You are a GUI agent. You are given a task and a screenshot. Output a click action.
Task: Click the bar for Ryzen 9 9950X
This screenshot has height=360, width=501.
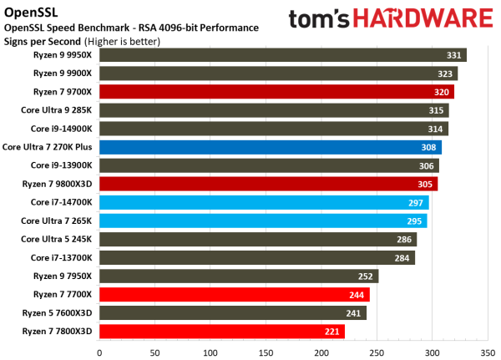pyautogui.click(x=282, y=55)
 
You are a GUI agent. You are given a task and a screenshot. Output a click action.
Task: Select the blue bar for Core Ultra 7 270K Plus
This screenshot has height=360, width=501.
pyautogui.click(x=270, y=147)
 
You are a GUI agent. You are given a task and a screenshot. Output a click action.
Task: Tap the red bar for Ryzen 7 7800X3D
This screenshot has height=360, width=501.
pyautogui.click(x=222, y=331)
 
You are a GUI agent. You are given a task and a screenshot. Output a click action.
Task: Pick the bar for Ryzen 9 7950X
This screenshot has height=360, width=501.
pyautogui.click(x=239, y=276)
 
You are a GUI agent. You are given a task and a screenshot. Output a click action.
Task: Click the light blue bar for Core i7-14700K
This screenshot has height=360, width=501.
pyautogui.click(x=264, y=202)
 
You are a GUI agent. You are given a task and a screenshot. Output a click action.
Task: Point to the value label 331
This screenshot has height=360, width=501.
pyautogui.click(x=454, y=55)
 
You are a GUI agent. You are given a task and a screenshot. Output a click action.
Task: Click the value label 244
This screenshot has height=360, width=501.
pyautogui.click(x=357, y=294)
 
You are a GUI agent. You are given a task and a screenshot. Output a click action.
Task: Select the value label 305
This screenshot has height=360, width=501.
pyautogui.click(x=426, y=184)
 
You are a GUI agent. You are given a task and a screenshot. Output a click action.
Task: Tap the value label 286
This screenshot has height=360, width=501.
pyautogui.click(x=405, y=239)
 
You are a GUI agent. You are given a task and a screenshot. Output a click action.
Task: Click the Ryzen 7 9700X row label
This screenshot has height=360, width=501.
pyautogui.click(x=63, y=92)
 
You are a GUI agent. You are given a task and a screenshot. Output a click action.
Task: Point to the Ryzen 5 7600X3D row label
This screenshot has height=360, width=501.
pyautogui.click(x=58, y=312)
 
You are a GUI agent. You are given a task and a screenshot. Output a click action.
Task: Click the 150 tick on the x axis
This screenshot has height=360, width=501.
pyautogui.click(x=266, y=352)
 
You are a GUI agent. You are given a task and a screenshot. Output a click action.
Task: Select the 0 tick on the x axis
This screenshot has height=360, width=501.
pyautogui.click(x=99, y=352)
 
